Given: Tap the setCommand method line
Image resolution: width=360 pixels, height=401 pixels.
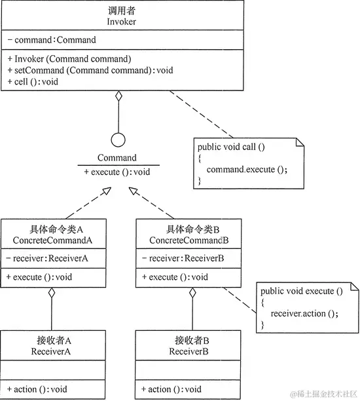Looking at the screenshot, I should [x=90, y=69].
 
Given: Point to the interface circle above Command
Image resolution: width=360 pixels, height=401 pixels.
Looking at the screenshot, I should [x=118, y=140].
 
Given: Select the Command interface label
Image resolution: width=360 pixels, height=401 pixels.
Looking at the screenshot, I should [x=117, y=157].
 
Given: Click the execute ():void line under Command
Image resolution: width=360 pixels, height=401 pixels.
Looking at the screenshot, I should [x=117, y=171].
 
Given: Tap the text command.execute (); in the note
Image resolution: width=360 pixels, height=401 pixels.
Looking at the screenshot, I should [x=246, y=169].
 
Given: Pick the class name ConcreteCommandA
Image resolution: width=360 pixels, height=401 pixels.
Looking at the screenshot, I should [x=52, y=240].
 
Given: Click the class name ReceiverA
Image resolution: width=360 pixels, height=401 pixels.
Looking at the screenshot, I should [x=52, y=352].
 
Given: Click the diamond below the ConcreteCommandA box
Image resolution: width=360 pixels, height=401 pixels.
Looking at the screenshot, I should [x=52, y=293].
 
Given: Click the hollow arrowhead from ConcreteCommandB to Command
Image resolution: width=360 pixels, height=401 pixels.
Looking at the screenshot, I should [x=134, y=190].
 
